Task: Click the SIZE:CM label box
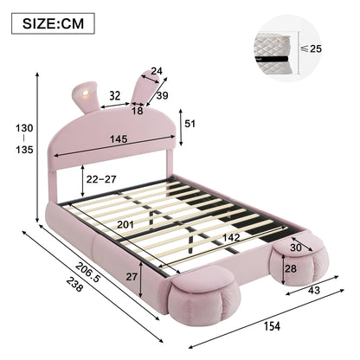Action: (53, 23)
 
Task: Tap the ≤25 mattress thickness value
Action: (311, 48)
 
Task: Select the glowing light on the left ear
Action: (86, 93)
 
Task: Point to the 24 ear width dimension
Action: (157, 71)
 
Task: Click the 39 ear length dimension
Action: (162, 95)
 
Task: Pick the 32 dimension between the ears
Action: (114, 95)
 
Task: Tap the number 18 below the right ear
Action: (138, 111)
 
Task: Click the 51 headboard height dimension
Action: (190, 124)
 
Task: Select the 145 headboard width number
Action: (119, 139)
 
